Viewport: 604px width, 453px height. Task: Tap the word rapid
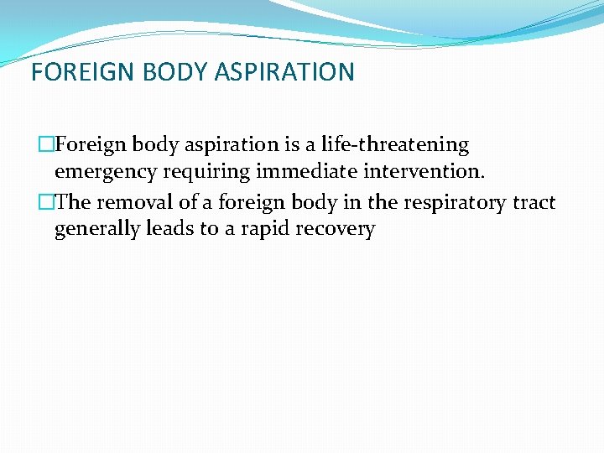(x=259, y=229)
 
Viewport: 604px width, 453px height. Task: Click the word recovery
(x=334, y=229)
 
